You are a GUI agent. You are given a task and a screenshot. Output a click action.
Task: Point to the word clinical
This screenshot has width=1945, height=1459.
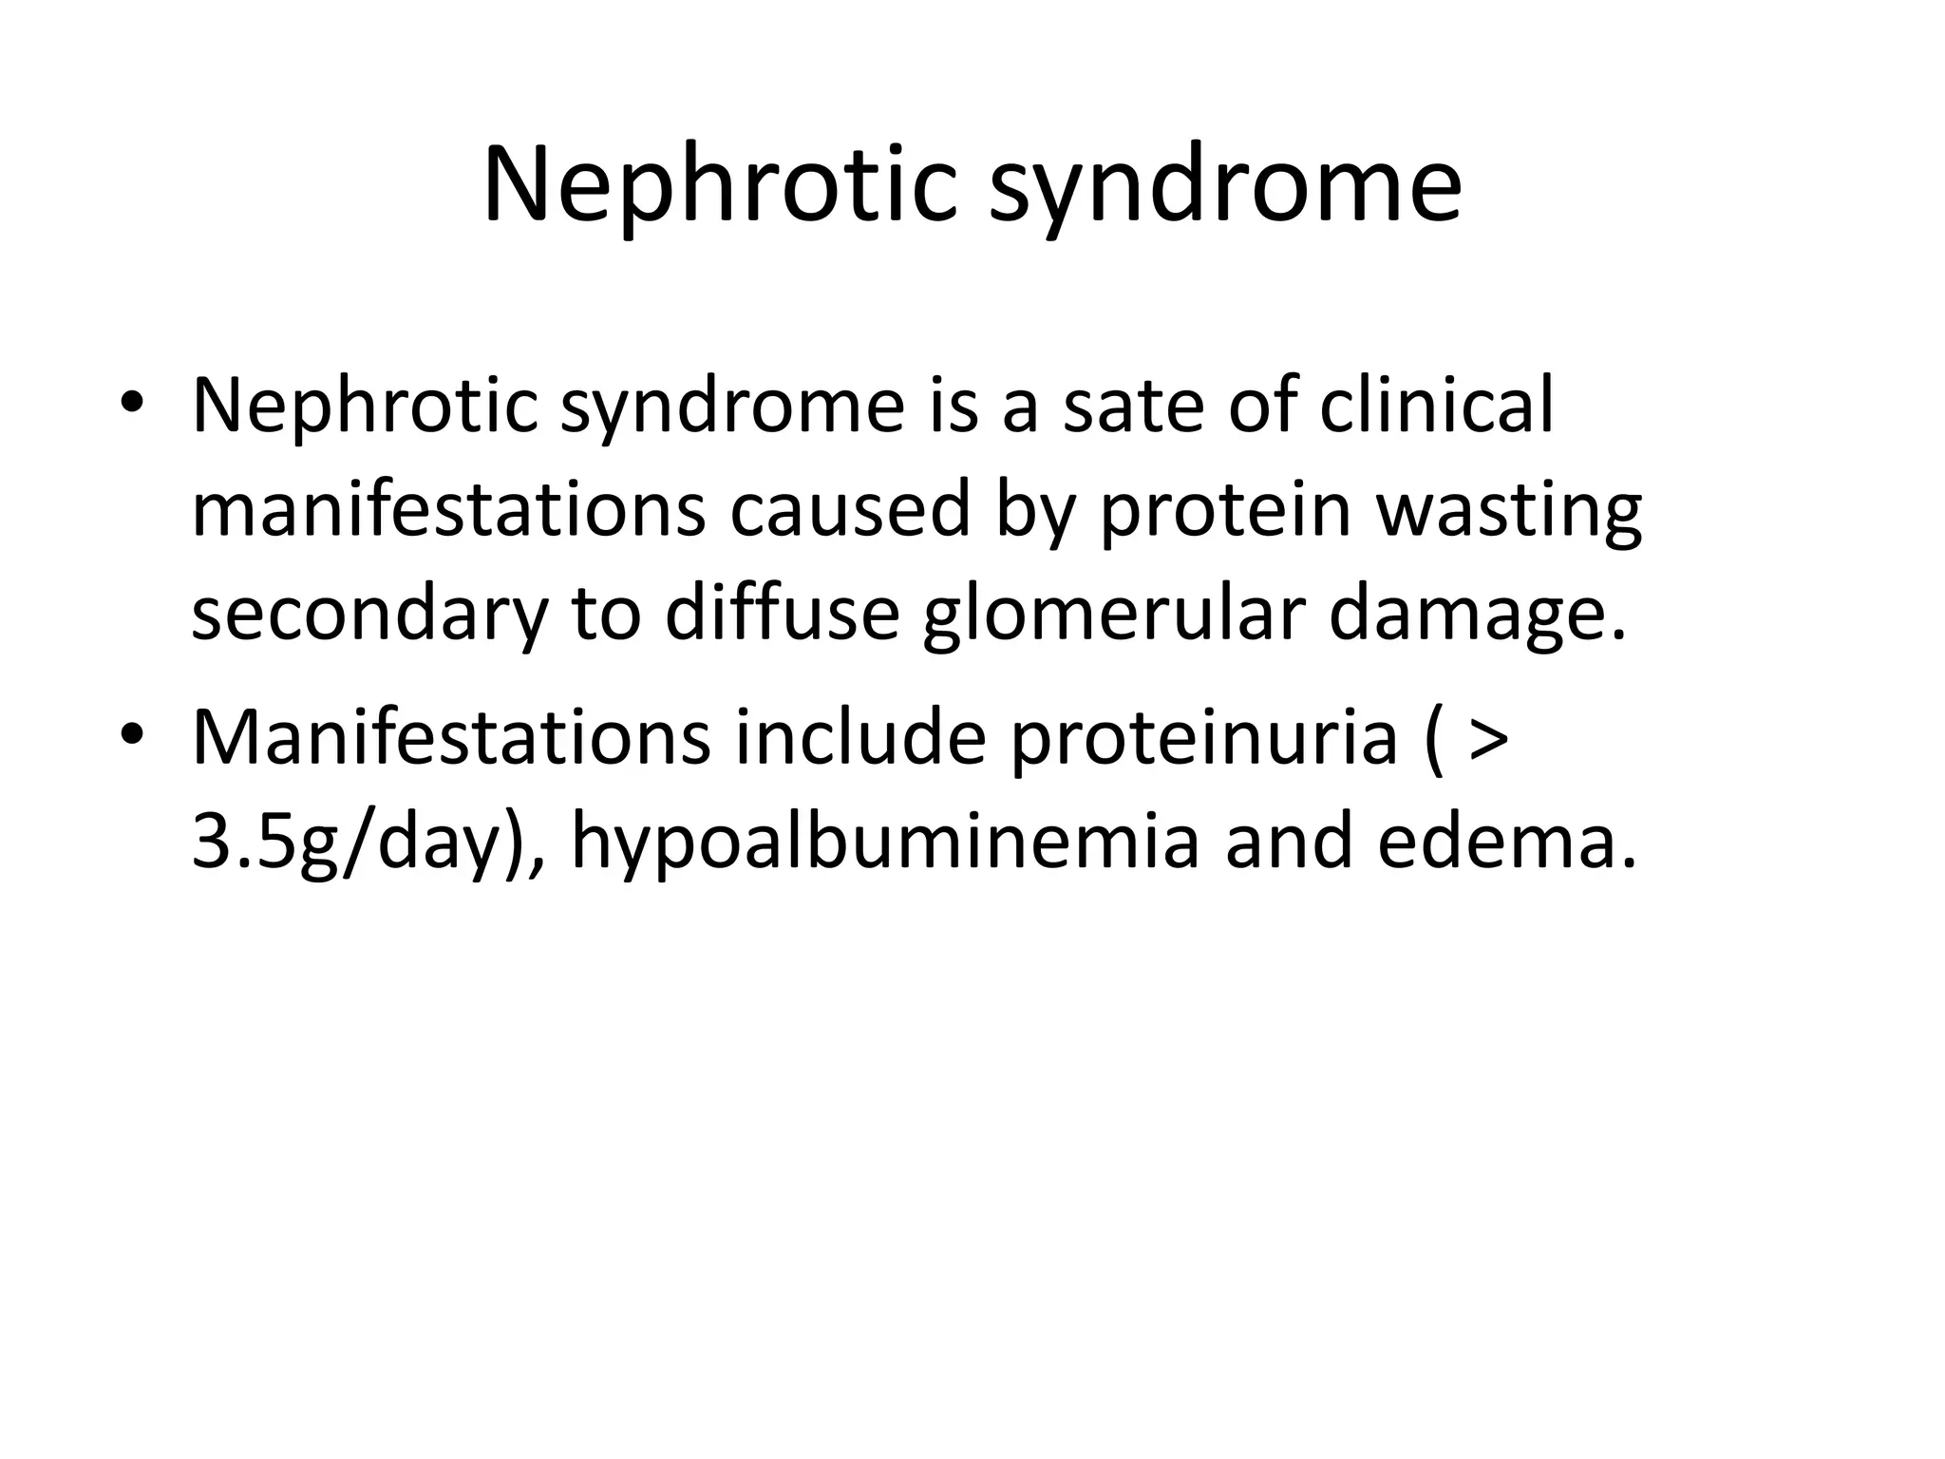point(1437,407)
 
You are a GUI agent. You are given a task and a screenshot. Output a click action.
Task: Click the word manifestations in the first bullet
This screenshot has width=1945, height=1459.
point(448,510)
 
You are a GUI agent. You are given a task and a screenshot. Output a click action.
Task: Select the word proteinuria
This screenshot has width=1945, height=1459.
point(1203,739)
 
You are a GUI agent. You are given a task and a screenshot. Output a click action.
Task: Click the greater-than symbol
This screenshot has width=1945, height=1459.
point(1487,739)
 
